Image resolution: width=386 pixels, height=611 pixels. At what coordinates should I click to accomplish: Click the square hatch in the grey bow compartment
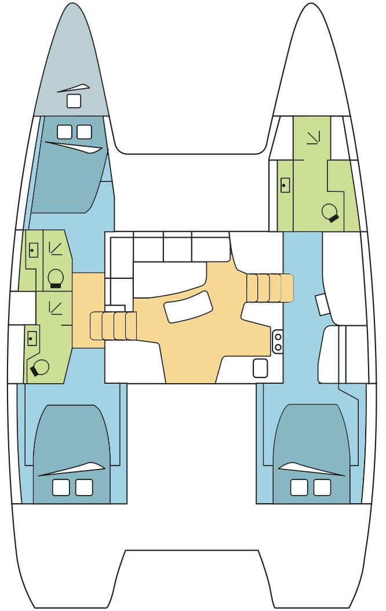coord(74,101)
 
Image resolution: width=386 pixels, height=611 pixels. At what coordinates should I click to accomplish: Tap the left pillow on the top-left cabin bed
coord(64,132)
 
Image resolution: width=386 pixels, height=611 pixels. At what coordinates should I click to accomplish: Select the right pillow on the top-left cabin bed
coord(85,132)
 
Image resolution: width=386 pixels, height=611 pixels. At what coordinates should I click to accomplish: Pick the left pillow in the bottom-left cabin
coord(61,488)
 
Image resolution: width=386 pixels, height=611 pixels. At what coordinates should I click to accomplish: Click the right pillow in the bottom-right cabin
coord(322,488)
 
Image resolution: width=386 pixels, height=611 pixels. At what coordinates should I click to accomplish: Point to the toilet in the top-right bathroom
coord(330,213)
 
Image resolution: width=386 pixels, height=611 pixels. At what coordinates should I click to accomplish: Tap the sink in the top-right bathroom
coord(285,186)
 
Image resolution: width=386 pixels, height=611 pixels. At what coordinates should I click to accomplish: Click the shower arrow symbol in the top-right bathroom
coord(314,137)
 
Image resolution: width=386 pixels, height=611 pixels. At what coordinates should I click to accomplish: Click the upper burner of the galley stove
coord(278,336)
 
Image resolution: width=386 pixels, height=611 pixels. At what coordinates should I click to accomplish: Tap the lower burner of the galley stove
coord(278,347)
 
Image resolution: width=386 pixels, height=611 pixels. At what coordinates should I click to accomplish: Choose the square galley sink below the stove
coord(260,368)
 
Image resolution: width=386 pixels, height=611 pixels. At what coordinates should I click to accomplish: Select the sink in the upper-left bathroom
coord(33,250)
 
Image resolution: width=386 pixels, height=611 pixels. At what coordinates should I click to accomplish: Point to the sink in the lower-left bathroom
coord(32,336)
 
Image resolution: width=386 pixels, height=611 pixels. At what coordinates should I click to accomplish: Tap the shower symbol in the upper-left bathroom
coord(56,248)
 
